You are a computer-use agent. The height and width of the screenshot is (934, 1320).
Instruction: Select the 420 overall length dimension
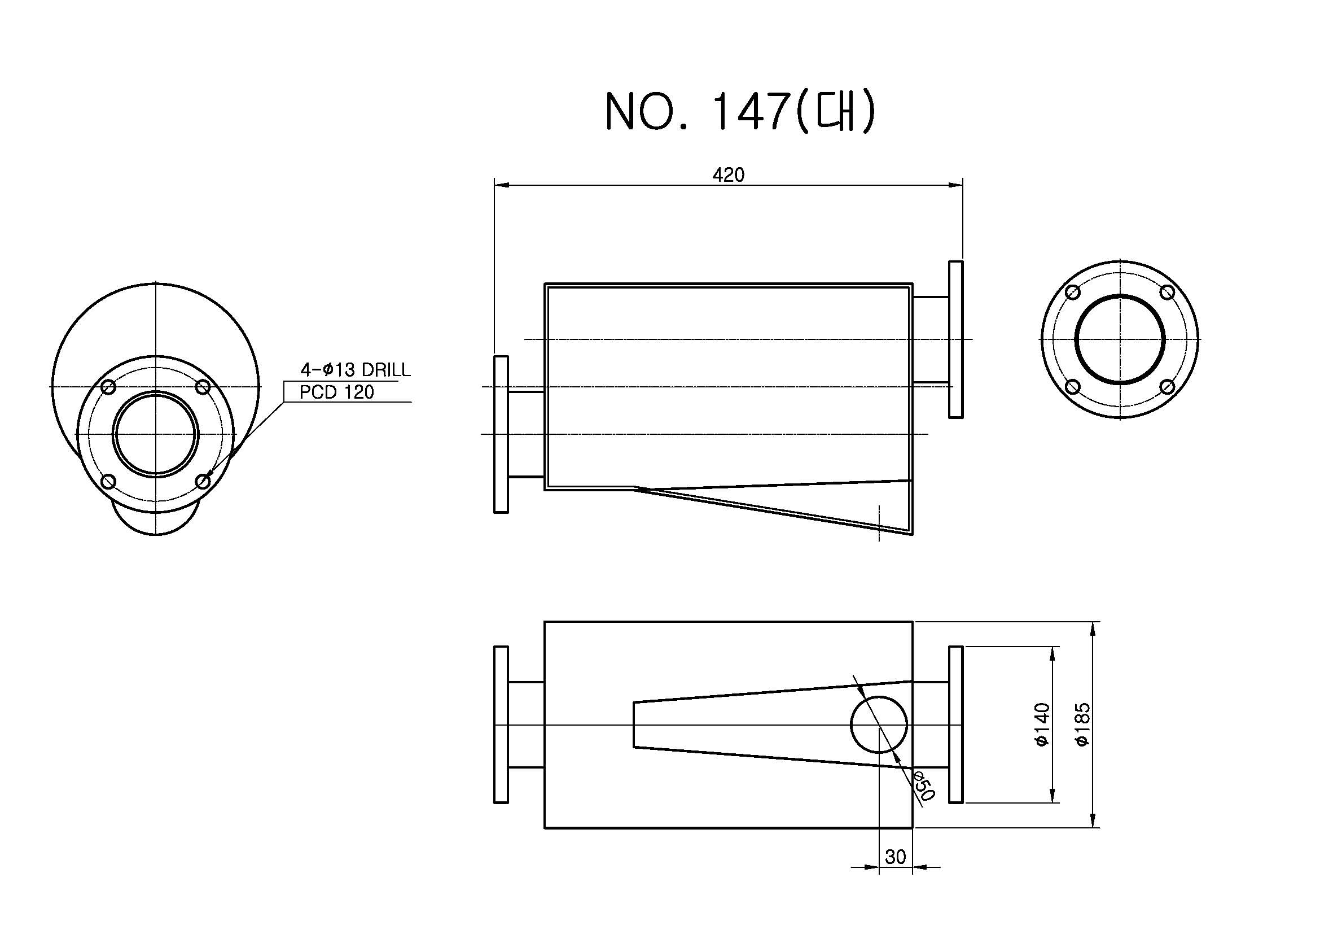[729, 175]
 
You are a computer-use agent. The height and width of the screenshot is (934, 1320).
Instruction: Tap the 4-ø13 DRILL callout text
[356, 370]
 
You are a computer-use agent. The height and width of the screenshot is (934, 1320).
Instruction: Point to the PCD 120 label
[337, 392]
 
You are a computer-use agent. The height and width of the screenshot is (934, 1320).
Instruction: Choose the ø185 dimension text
[1082, 724]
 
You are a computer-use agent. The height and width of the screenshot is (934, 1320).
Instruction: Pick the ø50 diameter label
[923, 785]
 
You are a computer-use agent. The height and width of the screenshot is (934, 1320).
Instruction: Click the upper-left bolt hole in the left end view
[109, 387]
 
